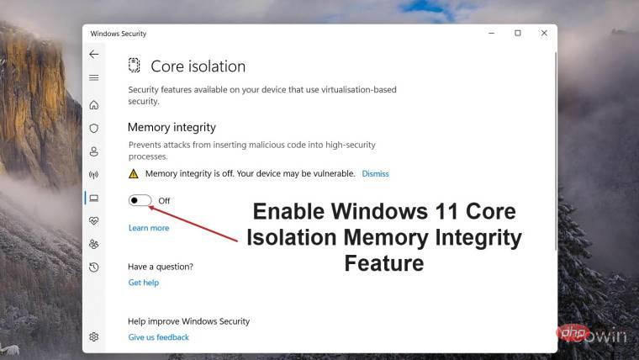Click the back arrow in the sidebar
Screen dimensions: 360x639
click(93, 54)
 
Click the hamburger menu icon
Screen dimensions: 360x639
click(93, 77)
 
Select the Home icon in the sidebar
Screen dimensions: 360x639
click(93, 105)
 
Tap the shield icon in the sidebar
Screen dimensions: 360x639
click(93, 129)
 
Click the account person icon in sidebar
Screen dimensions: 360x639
click(93, 152)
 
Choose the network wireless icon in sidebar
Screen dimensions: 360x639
click(93, 175)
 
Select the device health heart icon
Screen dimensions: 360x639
click(93, 221)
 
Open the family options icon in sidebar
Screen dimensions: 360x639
click(93, 244)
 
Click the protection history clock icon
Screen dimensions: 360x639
click(93, 267)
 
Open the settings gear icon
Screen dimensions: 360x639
click(93, 336)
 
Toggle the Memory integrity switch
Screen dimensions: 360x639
click(140, 200)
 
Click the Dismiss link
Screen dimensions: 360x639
click(375, 173)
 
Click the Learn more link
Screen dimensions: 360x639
click(149, 228)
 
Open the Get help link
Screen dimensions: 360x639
click(143, 283)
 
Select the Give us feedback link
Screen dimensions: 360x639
click(158, 337)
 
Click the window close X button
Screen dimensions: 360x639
click(544, 33)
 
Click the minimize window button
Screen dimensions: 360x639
click(490, 33)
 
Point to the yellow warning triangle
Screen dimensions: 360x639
click(133, 173)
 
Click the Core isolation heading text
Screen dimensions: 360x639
click(198, 66)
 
